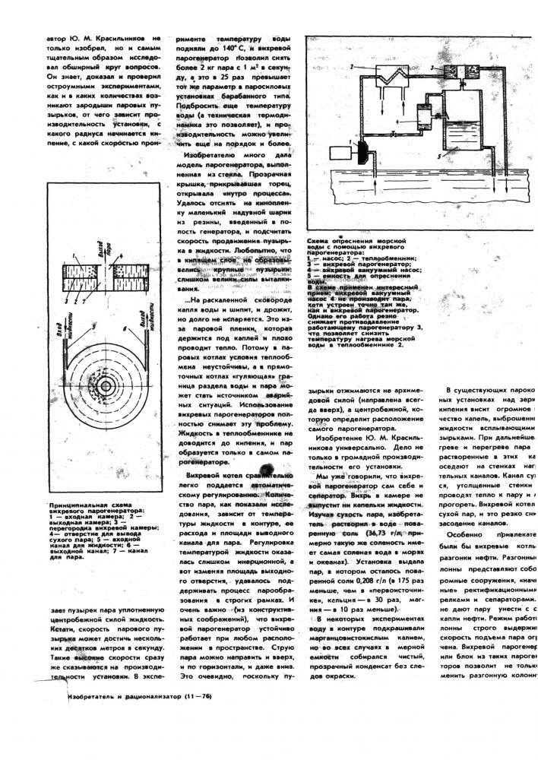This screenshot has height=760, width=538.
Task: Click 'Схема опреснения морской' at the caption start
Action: (349, 239)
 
